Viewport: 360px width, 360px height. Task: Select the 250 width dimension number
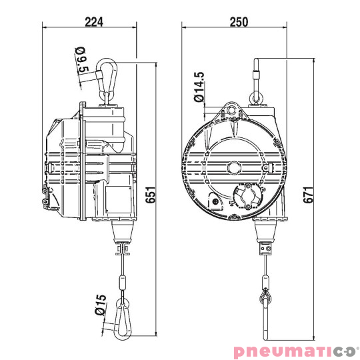pos(237,21)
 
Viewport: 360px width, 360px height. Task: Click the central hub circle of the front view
pos(234,167)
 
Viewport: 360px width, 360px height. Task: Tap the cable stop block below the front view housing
pos(265,250)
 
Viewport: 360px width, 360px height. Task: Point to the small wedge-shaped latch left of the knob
pos(215,201)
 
